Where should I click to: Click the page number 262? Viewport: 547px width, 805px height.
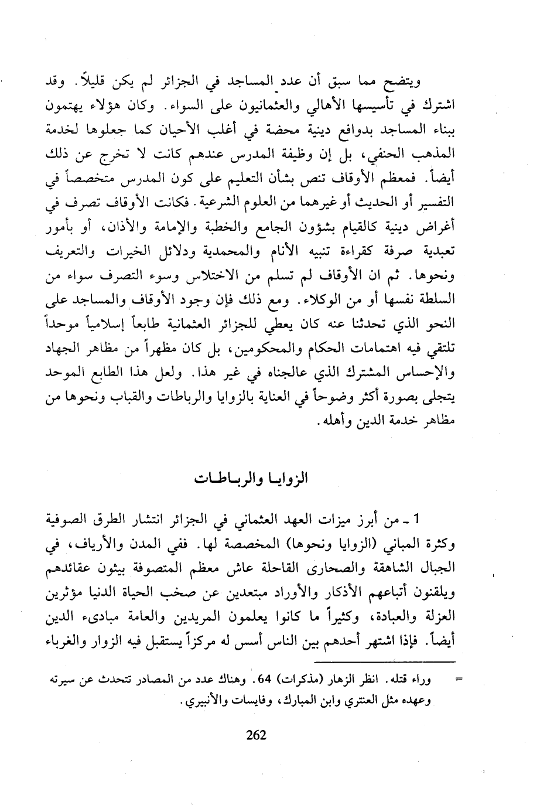[x=257, y=735]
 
